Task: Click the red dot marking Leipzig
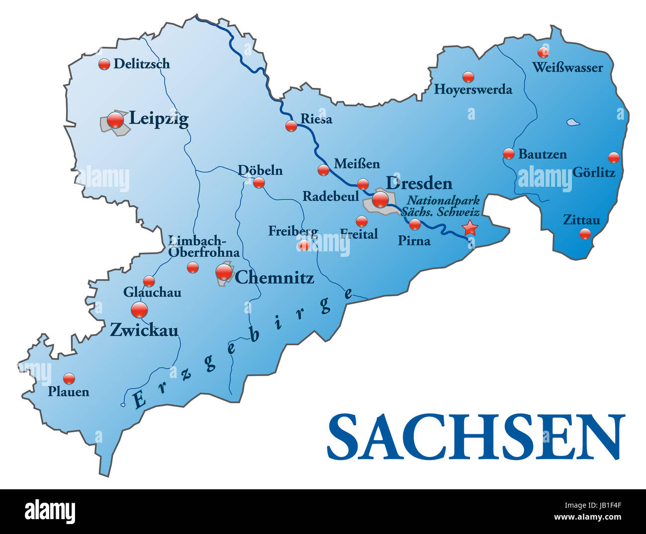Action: (115, 120)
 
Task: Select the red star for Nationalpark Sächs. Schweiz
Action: (470, 228)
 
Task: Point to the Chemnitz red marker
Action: (224, 272)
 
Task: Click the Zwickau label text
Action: (144, 330)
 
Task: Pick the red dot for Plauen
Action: (69, 378)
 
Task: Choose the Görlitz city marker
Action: (614, 157)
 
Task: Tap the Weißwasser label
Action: (567, 68)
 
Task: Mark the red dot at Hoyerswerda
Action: (468, 76)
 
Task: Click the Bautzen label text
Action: (542, 154)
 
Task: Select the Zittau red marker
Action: (585, 233)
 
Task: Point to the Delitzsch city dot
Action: (104, 64)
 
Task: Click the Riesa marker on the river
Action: (291, 126)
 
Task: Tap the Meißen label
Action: (356, 163)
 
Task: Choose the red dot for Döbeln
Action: (259, 183)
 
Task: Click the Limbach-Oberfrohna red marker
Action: (193, 267)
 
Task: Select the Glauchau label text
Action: (152, 293)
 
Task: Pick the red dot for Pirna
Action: (415, 225)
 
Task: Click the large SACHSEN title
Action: (476, 437)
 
